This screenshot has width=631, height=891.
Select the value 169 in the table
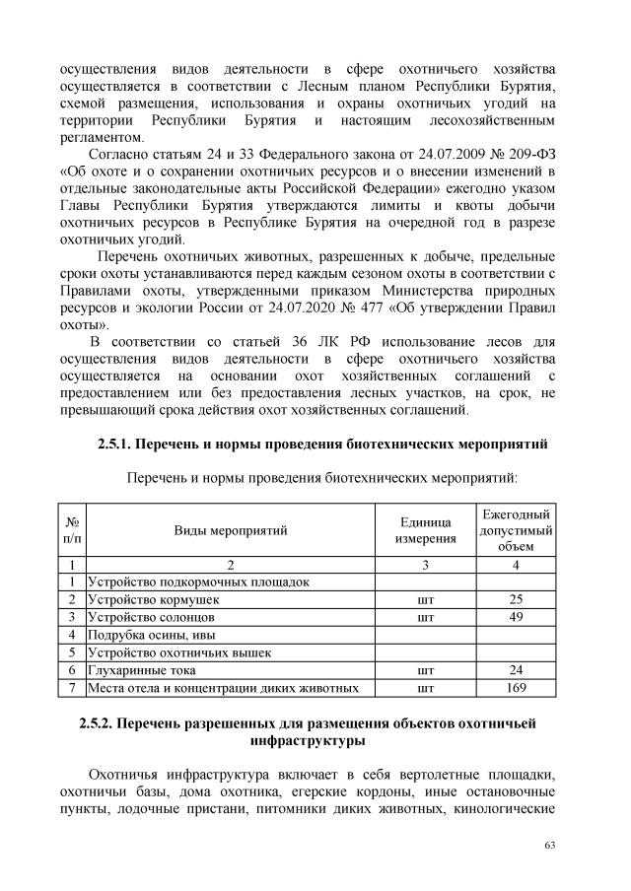pyautogui.click(x=515, y=687)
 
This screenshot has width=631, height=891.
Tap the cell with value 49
pyautogui.click(x=515, y=616)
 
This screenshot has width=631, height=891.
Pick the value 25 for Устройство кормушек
pyautogui.click(x=515, y=598)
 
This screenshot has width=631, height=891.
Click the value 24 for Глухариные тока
pyautogui.click(x=515, y=669)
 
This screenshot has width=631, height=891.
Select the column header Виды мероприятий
pyautogui.click(x=231, y=530)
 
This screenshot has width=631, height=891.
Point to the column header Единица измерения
pyautogui.click(x=425, y=530)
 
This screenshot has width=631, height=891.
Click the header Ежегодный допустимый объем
pyautogui.click(x=515, y=530)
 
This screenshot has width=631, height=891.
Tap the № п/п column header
pyautogui.click(x=71, y=530)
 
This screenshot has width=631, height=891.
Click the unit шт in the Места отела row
pyautogui.click(x=425, y=687)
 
